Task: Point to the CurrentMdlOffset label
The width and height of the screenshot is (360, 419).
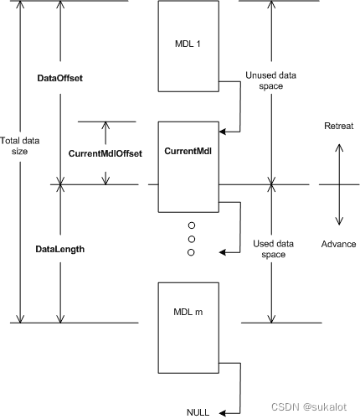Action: click(105, 153)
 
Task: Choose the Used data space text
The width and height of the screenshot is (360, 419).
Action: click(269, 249)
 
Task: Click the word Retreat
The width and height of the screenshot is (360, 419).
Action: click(338, 126)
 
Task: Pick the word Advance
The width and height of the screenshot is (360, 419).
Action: click(338, 244)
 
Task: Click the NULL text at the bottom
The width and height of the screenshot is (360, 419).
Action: click(198, 411)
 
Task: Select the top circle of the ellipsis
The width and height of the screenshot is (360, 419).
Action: click(191, 225)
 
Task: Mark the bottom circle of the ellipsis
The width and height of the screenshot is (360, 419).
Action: click(191, 252)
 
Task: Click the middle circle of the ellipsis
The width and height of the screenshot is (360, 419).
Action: click(191, 239)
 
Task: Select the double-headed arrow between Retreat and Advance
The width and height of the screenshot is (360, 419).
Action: click(338, 184)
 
